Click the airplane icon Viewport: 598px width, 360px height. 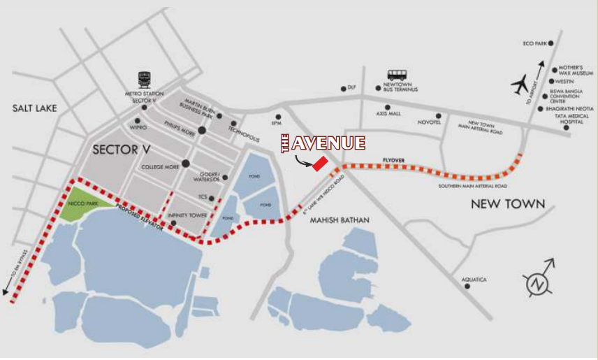pyautogui.click(x=520, y=84)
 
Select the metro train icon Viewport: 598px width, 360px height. pyautogui.click(x=145, y=78)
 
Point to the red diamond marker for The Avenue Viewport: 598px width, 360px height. pyautogui.click(x=320, y=164)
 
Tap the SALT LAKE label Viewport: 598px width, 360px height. pyautogui.click(x=34, y=108)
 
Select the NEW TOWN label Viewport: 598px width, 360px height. pyautogui.click(x=507, y=204)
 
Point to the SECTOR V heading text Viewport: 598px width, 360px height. pyautogui.click(x=122, y=149)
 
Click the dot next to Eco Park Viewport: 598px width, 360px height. pyautogui.click(x=550, y=43)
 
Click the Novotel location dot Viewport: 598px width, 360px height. pyautogui.click(x=439, y=115)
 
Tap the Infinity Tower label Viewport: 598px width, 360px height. pyautogui.click(x=187, y=216)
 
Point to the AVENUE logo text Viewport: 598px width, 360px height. pyautogui.click(x=328, y=143)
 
